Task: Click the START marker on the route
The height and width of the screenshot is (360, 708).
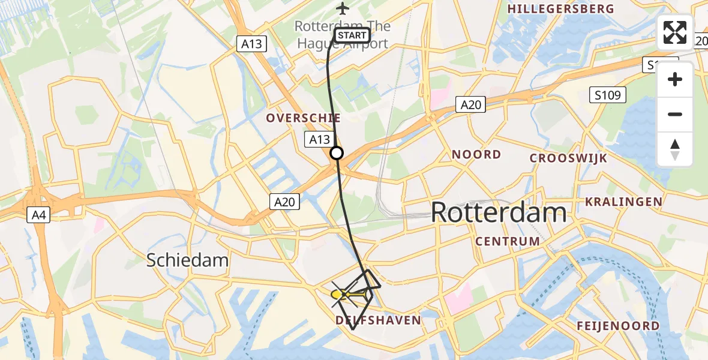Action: point(352,35)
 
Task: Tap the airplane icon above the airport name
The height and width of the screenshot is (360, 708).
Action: point(343,8)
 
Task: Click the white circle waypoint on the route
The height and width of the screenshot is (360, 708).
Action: point(337,153)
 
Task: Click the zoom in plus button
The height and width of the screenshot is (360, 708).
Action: point(675,79)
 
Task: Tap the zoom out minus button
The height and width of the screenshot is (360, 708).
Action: point(675,114)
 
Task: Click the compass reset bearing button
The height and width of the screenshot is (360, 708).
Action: point(675,149)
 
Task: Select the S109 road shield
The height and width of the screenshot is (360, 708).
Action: point(607,94)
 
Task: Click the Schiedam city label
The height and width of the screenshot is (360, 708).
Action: point(188,260)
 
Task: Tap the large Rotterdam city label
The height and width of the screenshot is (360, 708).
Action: point(498,212)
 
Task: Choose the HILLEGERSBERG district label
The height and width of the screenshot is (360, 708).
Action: point(561,9)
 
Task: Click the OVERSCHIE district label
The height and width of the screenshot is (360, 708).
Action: point(304,118)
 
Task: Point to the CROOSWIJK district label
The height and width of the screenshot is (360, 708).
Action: point(568,158)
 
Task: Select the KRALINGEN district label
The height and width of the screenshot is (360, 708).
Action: point(623,202)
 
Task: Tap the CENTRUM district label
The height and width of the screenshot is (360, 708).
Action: point(507,241)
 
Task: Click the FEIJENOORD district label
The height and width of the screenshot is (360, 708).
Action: point(618,326)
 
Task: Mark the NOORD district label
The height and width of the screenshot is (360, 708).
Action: point(476,155)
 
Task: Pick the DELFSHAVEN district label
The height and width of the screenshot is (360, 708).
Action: point(378,320)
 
